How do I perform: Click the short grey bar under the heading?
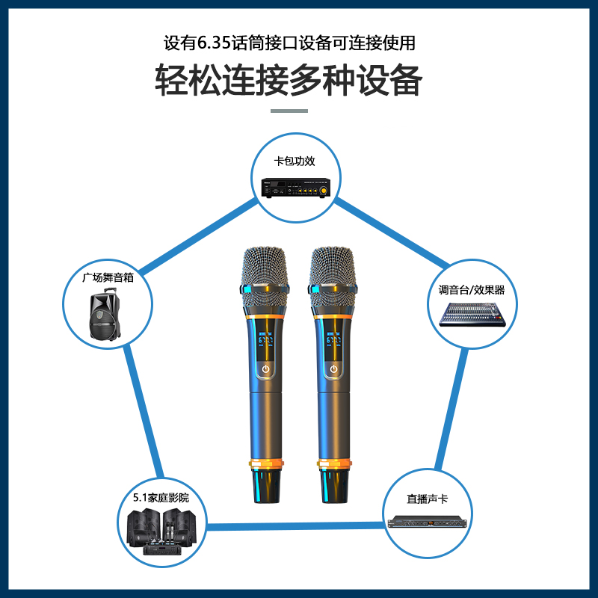pyautogui.click(x=289, y=111)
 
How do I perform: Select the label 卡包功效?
pyautogui.click(x=296, y=161)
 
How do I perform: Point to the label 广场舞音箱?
pyautogui.click(x=108, y=277)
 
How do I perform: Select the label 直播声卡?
pyautogui.click(x=427, y=498)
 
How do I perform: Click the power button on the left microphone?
pyautogui.click(x=266, y=369)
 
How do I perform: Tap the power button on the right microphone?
pyautogui.click(x=333, y=369)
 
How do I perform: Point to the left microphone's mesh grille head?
pyautogui.click(x=265, y=266)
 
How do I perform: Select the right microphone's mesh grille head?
pyautogui.click(x=333, y=266)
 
